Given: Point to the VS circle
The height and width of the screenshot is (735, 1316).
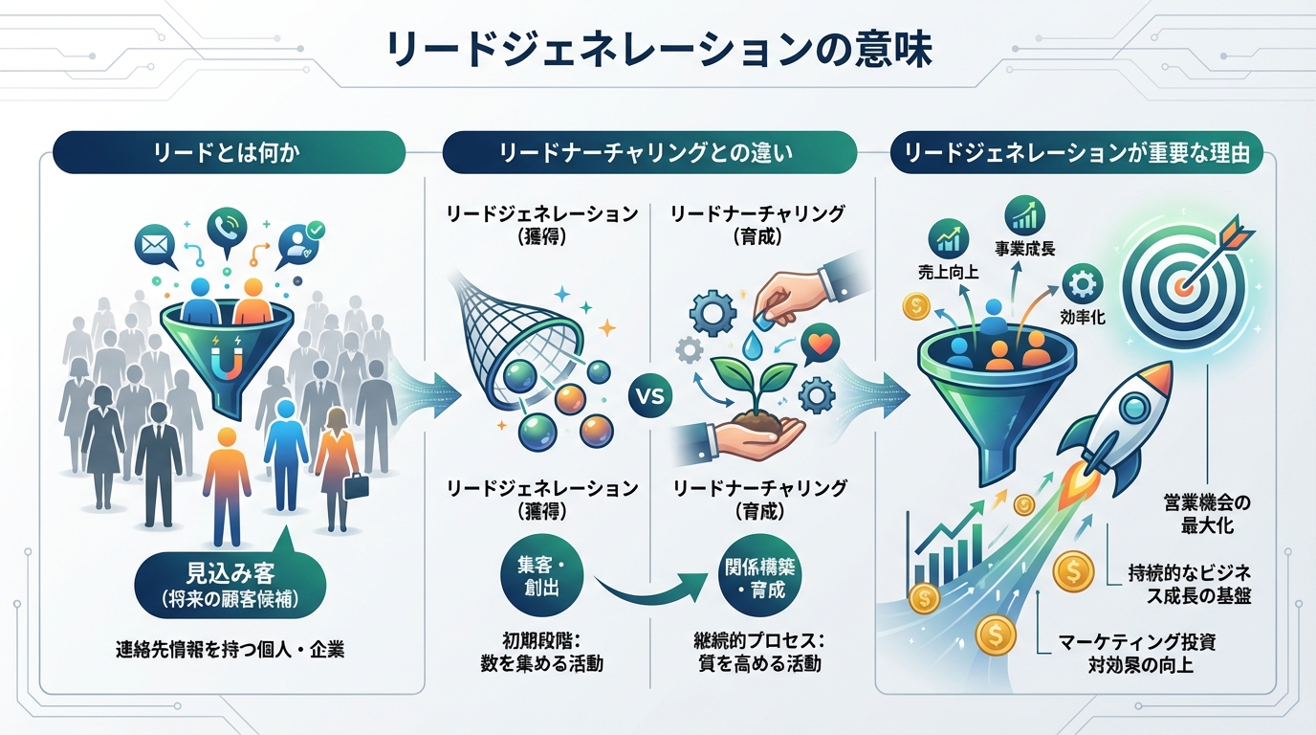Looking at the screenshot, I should (650, 395).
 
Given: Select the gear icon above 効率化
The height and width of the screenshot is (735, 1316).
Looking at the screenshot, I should (1082, 283).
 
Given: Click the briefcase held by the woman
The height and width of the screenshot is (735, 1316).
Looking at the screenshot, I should (356, 485).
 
